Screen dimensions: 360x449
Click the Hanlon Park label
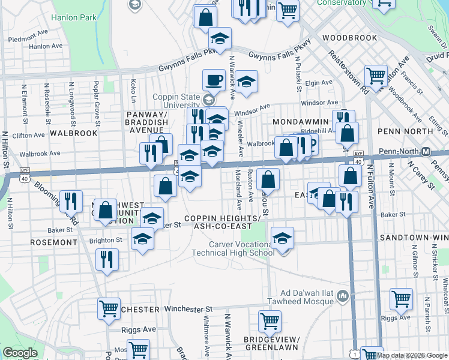(74, 18)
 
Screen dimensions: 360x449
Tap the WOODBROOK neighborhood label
(349, 38)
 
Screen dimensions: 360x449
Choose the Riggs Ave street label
(140, 329)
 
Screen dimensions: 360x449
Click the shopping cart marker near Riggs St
(400, 298)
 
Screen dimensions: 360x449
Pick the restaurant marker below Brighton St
(106, 259)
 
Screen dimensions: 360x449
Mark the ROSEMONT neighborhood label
(53, 242)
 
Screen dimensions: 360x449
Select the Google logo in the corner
(20, 353)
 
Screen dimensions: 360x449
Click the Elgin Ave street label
(319, 83)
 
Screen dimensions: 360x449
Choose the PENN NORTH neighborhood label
(405, 131)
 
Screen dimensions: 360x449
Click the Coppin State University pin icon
(208, 99)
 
